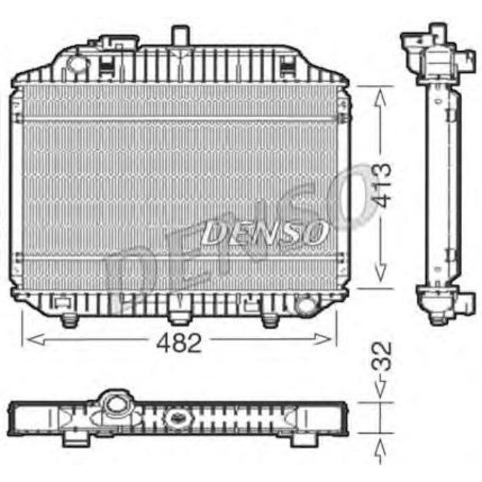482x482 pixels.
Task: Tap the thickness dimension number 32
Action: (x=384, y=355)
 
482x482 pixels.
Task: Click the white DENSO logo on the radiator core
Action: (x=264, y=233)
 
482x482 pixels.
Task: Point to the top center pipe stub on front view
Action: (x=180, y=35)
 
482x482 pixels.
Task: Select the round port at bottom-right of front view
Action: (x=304, y=302)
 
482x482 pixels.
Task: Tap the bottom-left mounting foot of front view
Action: (x=69, y=319)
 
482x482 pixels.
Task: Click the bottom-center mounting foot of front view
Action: (x=180, y=317)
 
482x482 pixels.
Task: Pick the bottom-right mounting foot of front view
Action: (x=270, y=319)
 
